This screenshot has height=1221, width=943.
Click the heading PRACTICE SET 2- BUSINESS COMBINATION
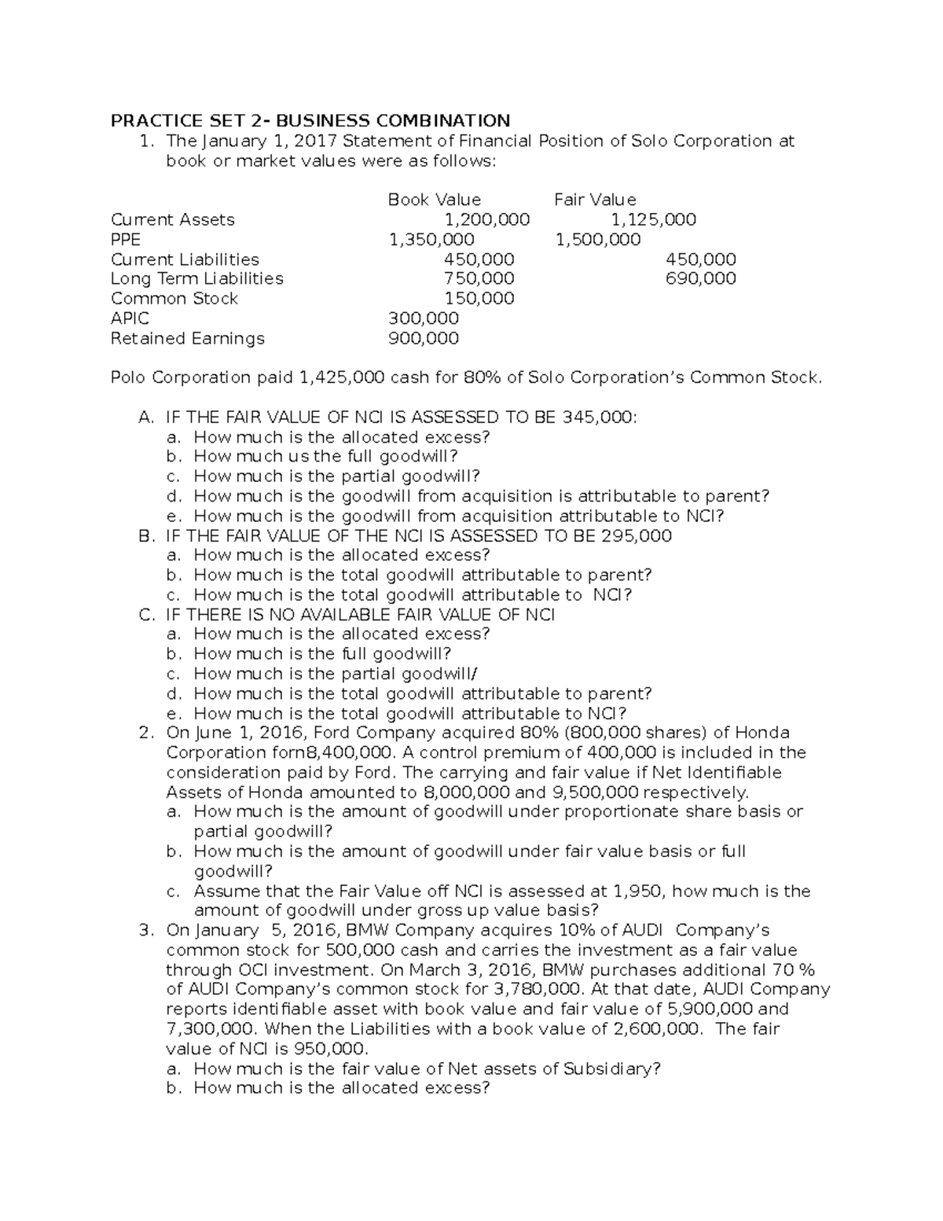point(310,120)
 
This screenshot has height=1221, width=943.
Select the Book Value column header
point(434,200)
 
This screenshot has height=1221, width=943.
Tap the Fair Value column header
point(595,200)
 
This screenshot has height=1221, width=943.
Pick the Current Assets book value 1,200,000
point(486,219)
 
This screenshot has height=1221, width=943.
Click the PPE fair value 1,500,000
point(598,239)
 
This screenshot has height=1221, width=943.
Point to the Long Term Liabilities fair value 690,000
point(700,278)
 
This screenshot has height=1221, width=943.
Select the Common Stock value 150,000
point(479,299)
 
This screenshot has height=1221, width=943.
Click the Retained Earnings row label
point(188,338)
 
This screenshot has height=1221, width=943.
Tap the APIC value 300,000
point(424,318)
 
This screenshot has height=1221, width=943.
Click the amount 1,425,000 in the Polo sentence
point(342,377)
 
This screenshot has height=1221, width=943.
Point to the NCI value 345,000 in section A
point(598,417)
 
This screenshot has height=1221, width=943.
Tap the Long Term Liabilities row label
point(197,278)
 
